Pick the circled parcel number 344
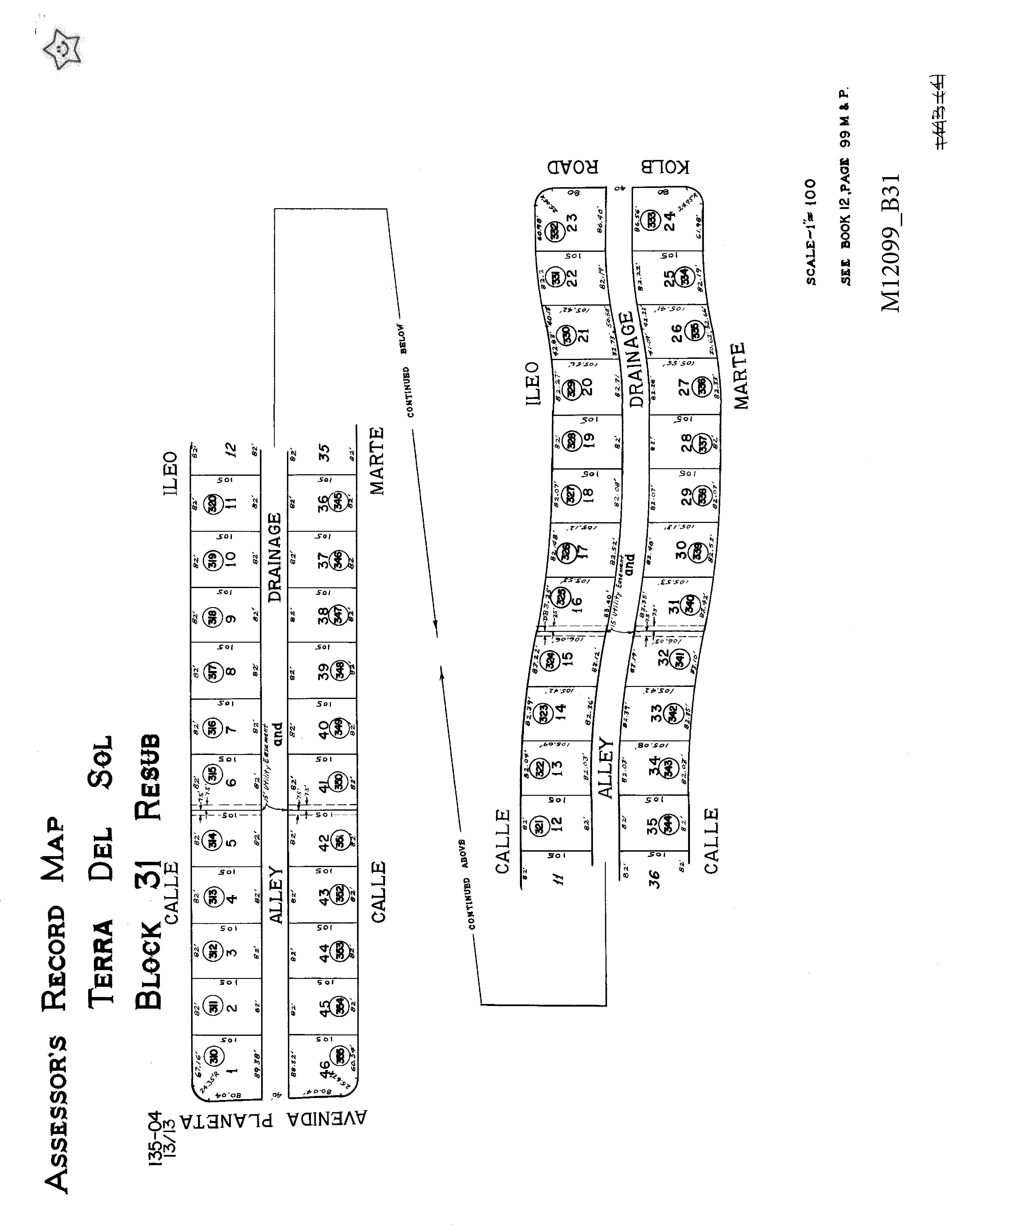pos(669,827)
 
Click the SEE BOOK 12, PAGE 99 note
pos(845,187)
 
